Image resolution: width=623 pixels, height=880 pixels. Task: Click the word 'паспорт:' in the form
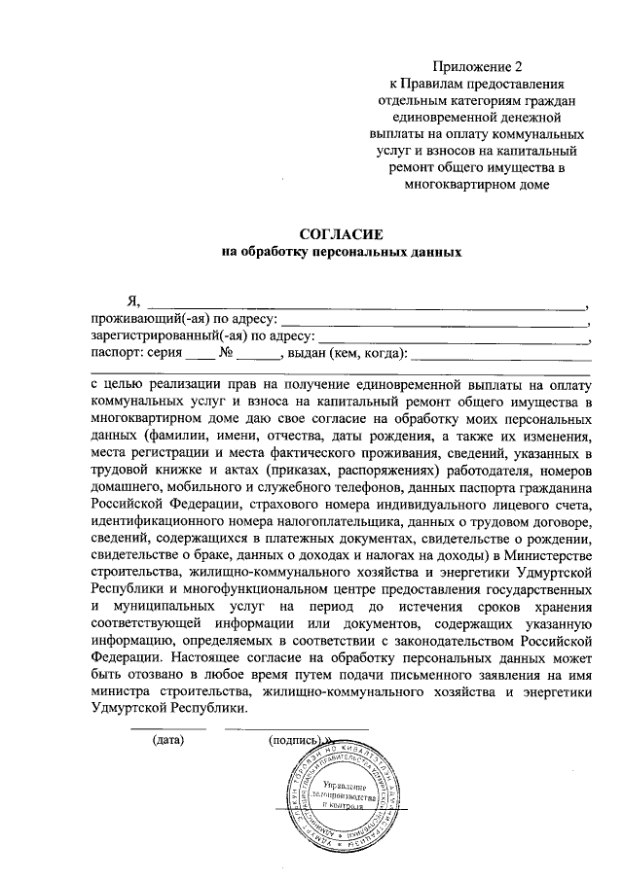point(119,354)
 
